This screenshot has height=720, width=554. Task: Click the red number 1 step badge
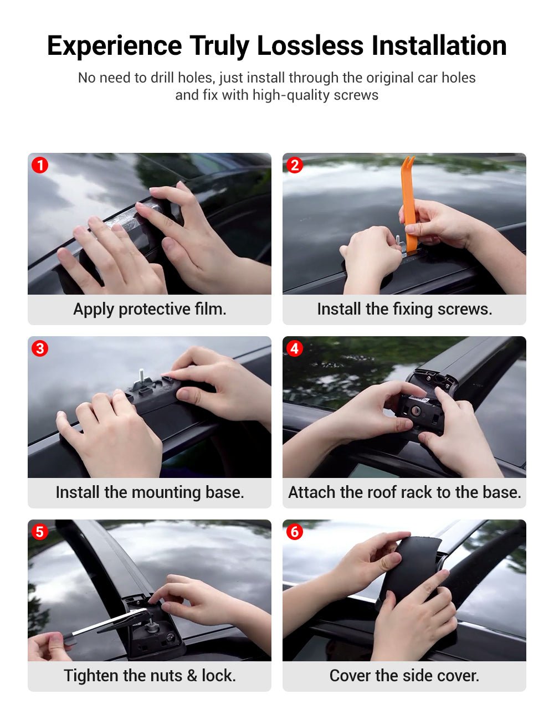40,165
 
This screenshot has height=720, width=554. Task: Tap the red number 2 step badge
295,165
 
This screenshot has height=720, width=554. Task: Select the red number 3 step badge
40,348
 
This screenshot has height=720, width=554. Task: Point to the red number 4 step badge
295,348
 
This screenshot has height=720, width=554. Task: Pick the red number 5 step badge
40,532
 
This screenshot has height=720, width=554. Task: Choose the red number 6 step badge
295,532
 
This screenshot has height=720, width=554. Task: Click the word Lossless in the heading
310,45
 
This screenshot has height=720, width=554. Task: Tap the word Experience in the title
114,47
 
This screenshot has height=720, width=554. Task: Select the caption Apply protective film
150,309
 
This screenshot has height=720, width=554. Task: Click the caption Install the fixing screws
404,309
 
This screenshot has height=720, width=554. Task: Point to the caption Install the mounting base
150,492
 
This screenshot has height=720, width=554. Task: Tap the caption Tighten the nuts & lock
150,676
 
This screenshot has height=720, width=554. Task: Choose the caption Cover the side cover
404,676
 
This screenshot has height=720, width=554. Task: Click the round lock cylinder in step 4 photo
416,411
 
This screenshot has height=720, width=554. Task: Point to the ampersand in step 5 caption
192,676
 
